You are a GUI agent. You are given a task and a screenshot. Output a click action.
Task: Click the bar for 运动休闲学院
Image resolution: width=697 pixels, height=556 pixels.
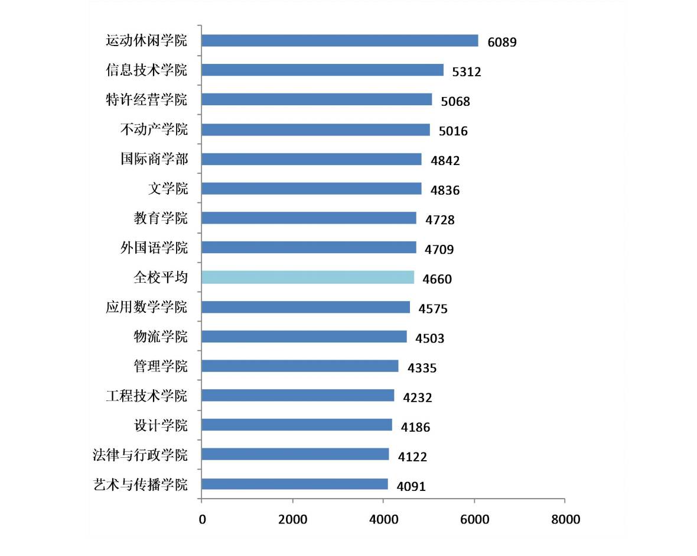click(340, 40)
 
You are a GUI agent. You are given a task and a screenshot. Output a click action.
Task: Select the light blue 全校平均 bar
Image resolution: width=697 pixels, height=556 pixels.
click(308, 277)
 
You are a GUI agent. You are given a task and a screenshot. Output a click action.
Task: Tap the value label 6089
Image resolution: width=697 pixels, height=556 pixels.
click(502, 42)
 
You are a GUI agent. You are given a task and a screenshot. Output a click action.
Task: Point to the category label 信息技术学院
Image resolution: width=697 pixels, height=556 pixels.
click(146, 70)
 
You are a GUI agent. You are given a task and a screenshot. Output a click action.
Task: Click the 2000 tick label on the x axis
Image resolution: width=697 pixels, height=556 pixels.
click(292, 520)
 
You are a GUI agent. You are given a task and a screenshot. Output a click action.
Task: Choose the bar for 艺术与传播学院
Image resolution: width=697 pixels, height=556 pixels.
click(295, 484)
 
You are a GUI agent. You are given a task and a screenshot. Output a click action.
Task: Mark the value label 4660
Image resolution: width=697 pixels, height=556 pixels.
click(437, 279)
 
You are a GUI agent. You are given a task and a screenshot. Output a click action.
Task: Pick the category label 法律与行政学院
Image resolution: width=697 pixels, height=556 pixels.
click(140, 455)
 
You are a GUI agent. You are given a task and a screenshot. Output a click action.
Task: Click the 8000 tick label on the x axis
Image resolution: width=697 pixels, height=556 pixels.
click(565, 520)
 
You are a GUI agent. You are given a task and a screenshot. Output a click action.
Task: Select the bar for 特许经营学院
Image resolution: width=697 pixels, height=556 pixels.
click(317, 99)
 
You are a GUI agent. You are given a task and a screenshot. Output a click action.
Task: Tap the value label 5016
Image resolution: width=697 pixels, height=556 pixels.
click(453, 131)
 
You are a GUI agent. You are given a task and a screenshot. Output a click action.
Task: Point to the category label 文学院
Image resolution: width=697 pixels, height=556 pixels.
click(168, 189)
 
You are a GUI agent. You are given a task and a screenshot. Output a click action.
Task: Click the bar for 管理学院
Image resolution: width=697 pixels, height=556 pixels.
click(300, 366)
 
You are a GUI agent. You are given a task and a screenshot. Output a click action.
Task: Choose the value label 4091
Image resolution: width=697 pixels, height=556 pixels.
click(411, 486)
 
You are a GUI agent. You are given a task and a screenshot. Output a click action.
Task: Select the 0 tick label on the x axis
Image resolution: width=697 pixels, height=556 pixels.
click(203, 520)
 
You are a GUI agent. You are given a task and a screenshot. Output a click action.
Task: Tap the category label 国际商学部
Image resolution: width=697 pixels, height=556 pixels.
click(154, 159)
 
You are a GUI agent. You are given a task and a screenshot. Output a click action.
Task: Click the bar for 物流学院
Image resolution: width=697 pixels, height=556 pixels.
click(304, 337)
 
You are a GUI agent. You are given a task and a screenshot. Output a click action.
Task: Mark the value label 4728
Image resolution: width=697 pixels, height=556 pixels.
click(440, 220)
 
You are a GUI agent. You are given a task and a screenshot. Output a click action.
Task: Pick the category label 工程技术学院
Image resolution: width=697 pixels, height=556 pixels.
click(146, 396)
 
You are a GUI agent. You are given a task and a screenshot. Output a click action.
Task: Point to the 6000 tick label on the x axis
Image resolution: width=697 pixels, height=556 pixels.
click(474, 520)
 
